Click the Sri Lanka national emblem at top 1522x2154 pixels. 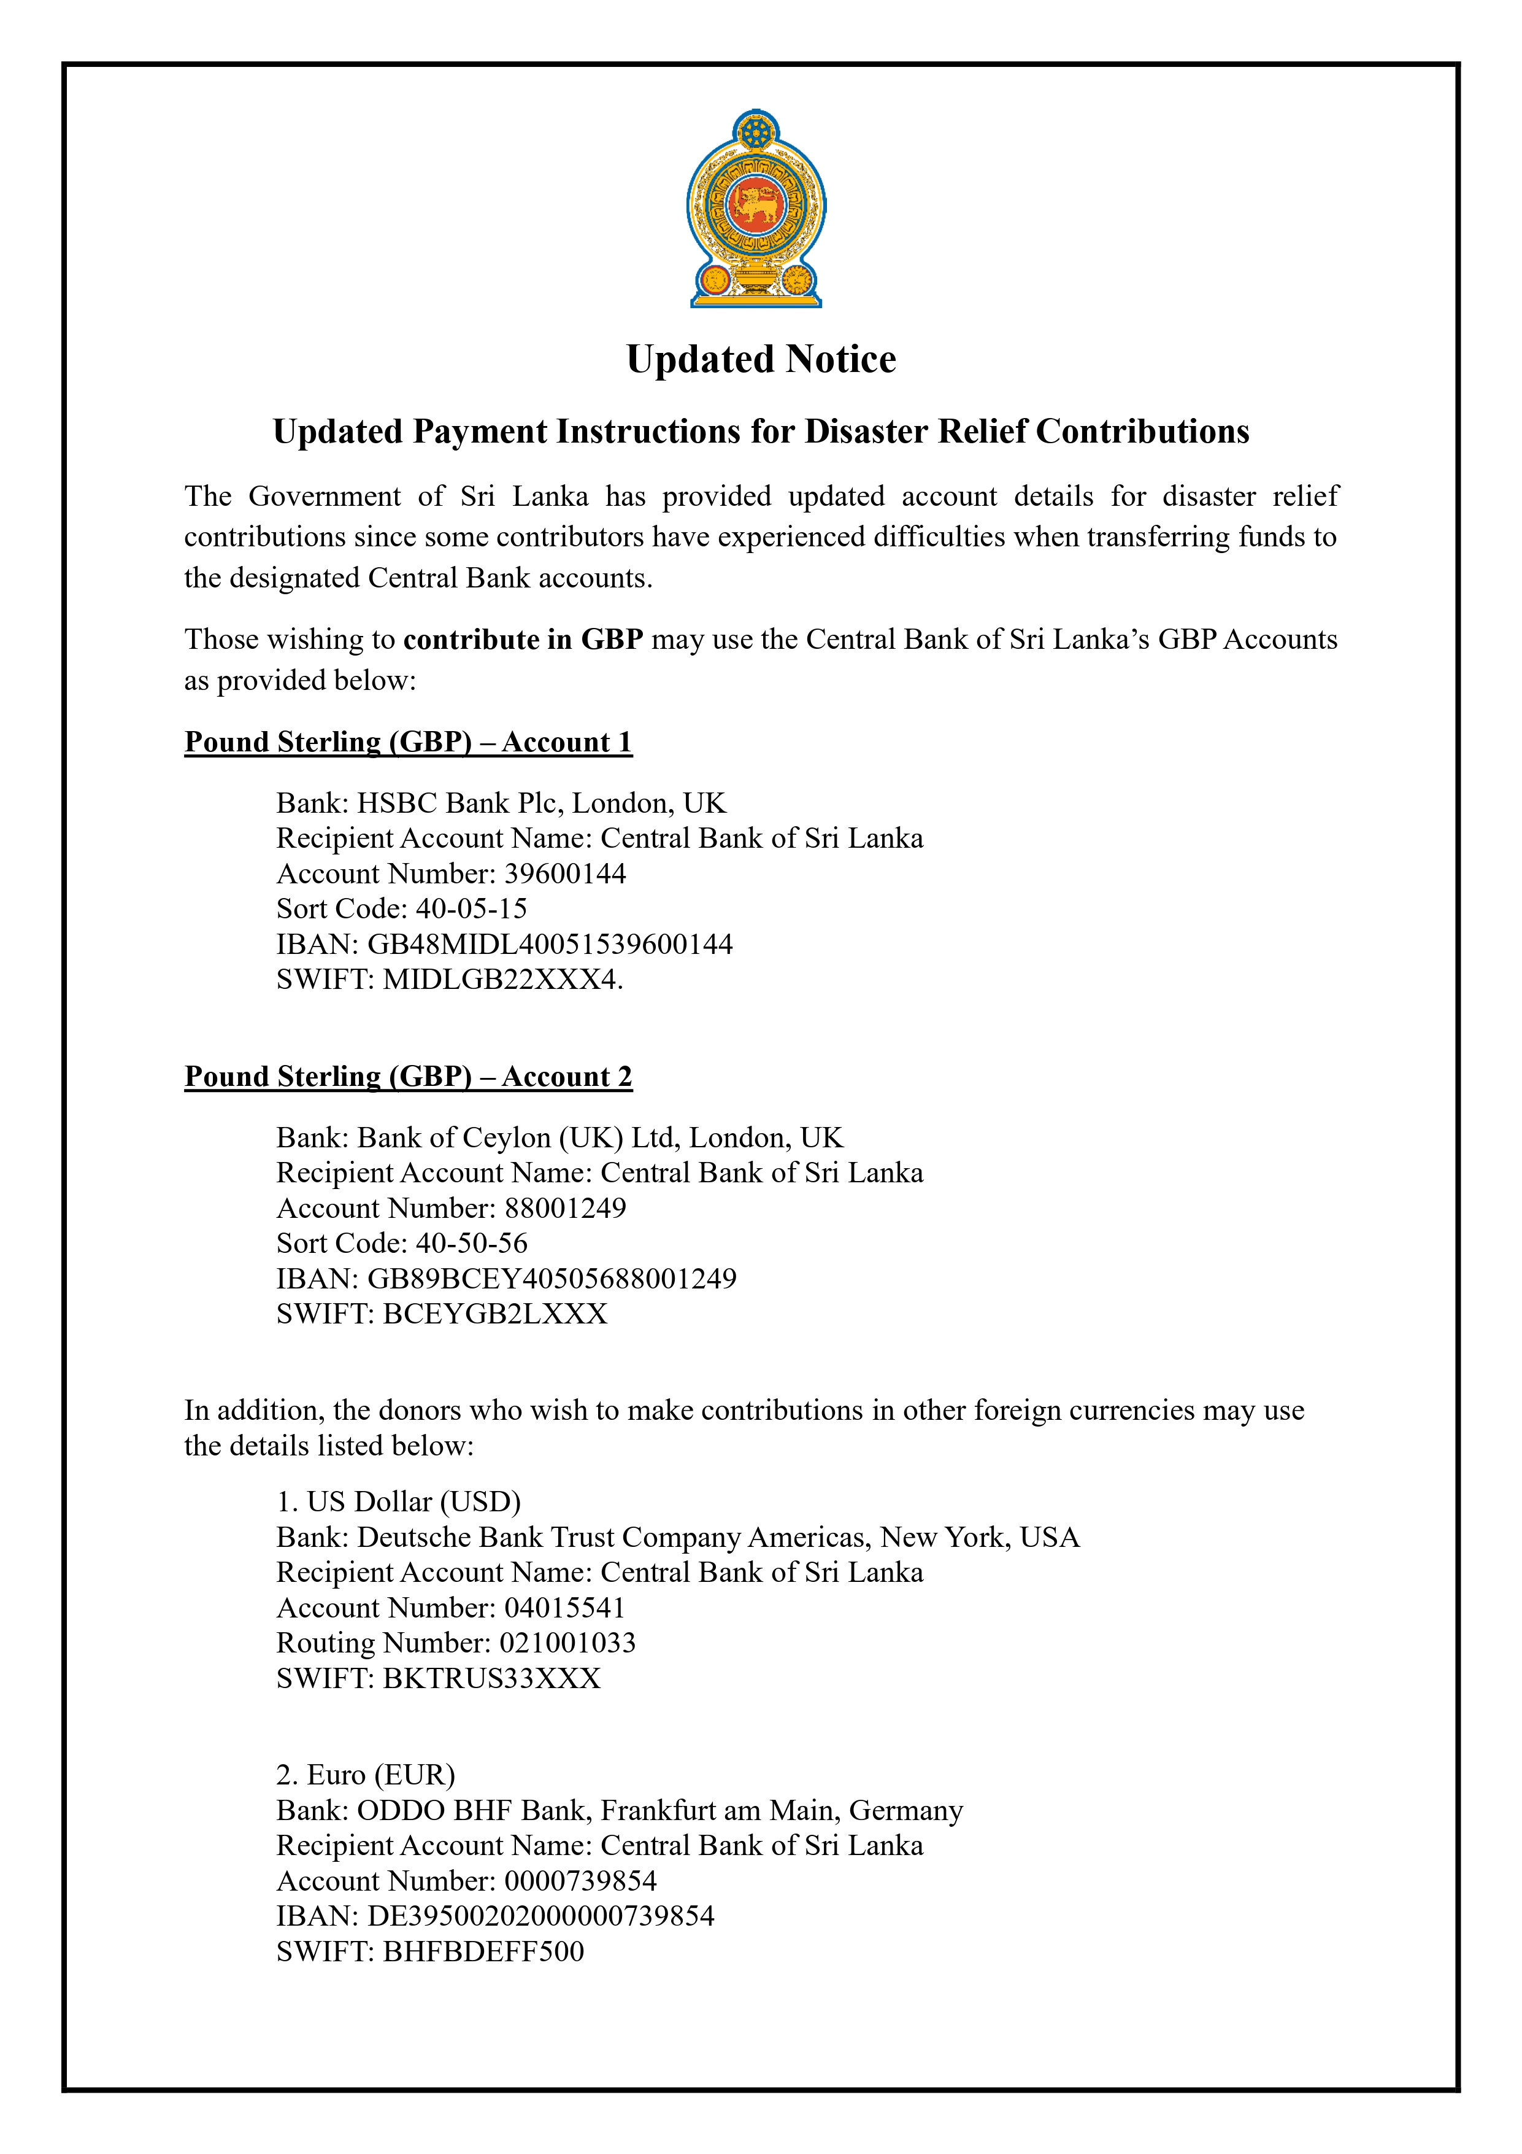click(756, 208)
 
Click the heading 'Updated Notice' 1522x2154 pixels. click(761, 359)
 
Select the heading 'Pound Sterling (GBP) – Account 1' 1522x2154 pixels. click(408, 742)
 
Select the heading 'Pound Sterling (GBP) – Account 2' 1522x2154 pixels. click(408, 1076)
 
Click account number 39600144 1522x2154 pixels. click(564, 874)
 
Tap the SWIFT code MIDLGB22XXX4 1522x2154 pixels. click(502, 980)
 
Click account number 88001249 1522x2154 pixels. click(564, 1208)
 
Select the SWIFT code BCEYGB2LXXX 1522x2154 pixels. click(494, 1314)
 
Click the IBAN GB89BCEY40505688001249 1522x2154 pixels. click(552, 1279)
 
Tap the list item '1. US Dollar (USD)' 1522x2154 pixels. click(399, 1502)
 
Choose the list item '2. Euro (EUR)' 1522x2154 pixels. click(366, 1775)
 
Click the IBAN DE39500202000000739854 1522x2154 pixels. click(540, 1916)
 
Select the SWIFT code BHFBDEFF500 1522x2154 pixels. click(482, 1951)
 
